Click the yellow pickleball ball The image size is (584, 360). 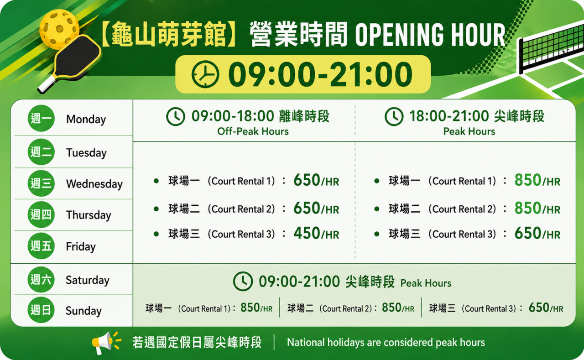59,29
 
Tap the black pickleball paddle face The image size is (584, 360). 78,56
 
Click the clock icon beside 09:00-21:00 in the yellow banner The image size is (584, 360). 205,74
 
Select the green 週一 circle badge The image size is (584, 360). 41,118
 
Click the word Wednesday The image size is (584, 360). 94,184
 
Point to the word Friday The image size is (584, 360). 81,246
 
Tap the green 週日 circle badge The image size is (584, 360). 41,310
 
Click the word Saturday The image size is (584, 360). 88,280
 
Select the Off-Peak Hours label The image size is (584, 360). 253,131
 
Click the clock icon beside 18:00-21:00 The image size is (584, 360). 394,116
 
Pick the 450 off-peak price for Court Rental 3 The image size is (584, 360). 307,233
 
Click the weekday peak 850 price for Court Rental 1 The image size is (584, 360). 528,180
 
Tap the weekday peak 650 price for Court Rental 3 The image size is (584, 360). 528,233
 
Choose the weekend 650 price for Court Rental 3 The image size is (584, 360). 539,308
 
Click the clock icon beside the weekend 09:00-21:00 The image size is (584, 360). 243,282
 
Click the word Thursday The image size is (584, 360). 89,215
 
